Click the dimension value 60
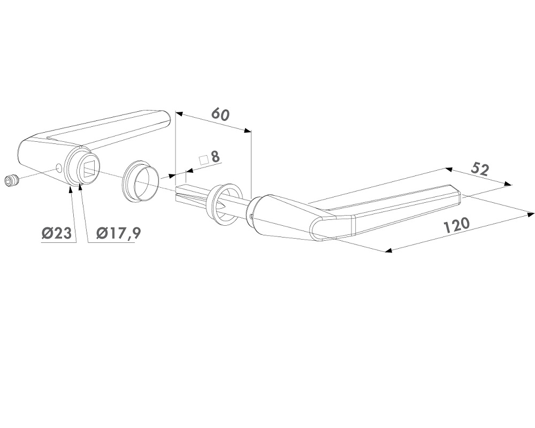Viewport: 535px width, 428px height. tap(220, 114)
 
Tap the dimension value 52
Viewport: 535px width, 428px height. tap(480, 170)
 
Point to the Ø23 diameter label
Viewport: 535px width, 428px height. tap(57, 233)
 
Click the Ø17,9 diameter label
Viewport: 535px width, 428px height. tap(118, 233)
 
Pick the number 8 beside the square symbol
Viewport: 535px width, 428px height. tap(215, 157)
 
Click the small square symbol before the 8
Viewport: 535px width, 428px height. tap(204, 160)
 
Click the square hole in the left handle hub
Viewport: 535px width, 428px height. tap(90, 170)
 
